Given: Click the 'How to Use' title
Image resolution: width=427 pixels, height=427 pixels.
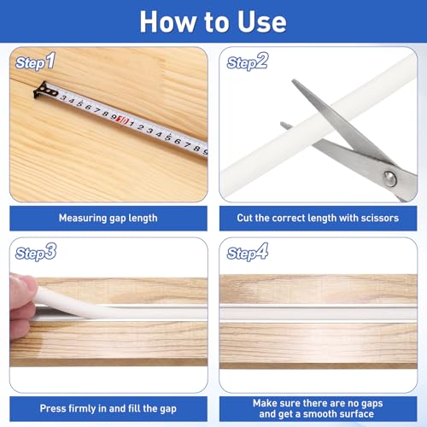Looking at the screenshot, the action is (x=213, y=22).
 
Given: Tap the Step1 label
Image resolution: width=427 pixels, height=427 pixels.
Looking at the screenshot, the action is (x=35, y=61).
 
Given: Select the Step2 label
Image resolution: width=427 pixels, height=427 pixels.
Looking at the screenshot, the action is (x=248, y=61).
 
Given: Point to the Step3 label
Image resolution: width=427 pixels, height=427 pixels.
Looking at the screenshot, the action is (x=36, y=252).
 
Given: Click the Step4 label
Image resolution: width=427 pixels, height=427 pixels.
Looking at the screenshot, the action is (x=248, y=252).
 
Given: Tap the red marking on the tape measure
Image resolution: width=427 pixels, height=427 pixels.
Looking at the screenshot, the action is (x=123, y=120).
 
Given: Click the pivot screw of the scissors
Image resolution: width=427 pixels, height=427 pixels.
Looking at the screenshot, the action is (x=389, y=179).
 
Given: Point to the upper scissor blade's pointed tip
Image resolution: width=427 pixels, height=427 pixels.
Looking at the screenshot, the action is (x=293, y=81).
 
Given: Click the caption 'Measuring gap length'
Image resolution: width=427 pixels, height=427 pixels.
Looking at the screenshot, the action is (x=108, y=218).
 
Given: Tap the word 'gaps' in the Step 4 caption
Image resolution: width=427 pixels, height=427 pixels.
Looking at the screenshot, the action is (x=371, y=404).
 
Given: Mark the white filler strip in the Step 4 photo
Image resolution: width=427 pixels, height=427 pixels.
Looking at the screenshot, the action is (x=319, y=314).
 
